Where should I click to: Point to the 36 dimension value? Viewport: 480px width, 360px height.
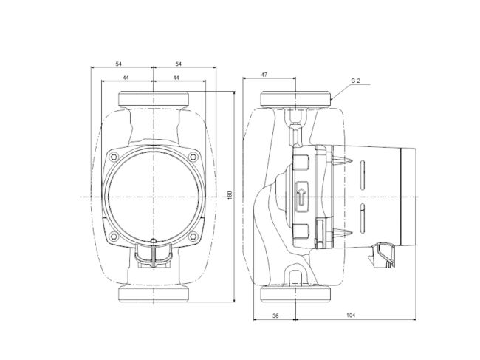point(274,315)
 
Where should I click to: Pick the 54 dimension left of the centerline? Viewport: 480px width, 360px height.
point(120,65)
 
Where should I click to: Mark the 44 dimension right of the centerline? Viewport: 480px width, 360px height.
point(179,78)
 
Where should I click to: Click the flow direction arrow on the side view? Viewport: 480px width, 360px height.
point(301,197)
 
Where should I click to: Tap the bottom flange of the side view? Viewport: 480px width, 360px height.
point(295,295)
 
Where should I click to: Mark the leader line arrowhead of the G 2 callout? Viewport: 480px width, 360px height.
point(333,98)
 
